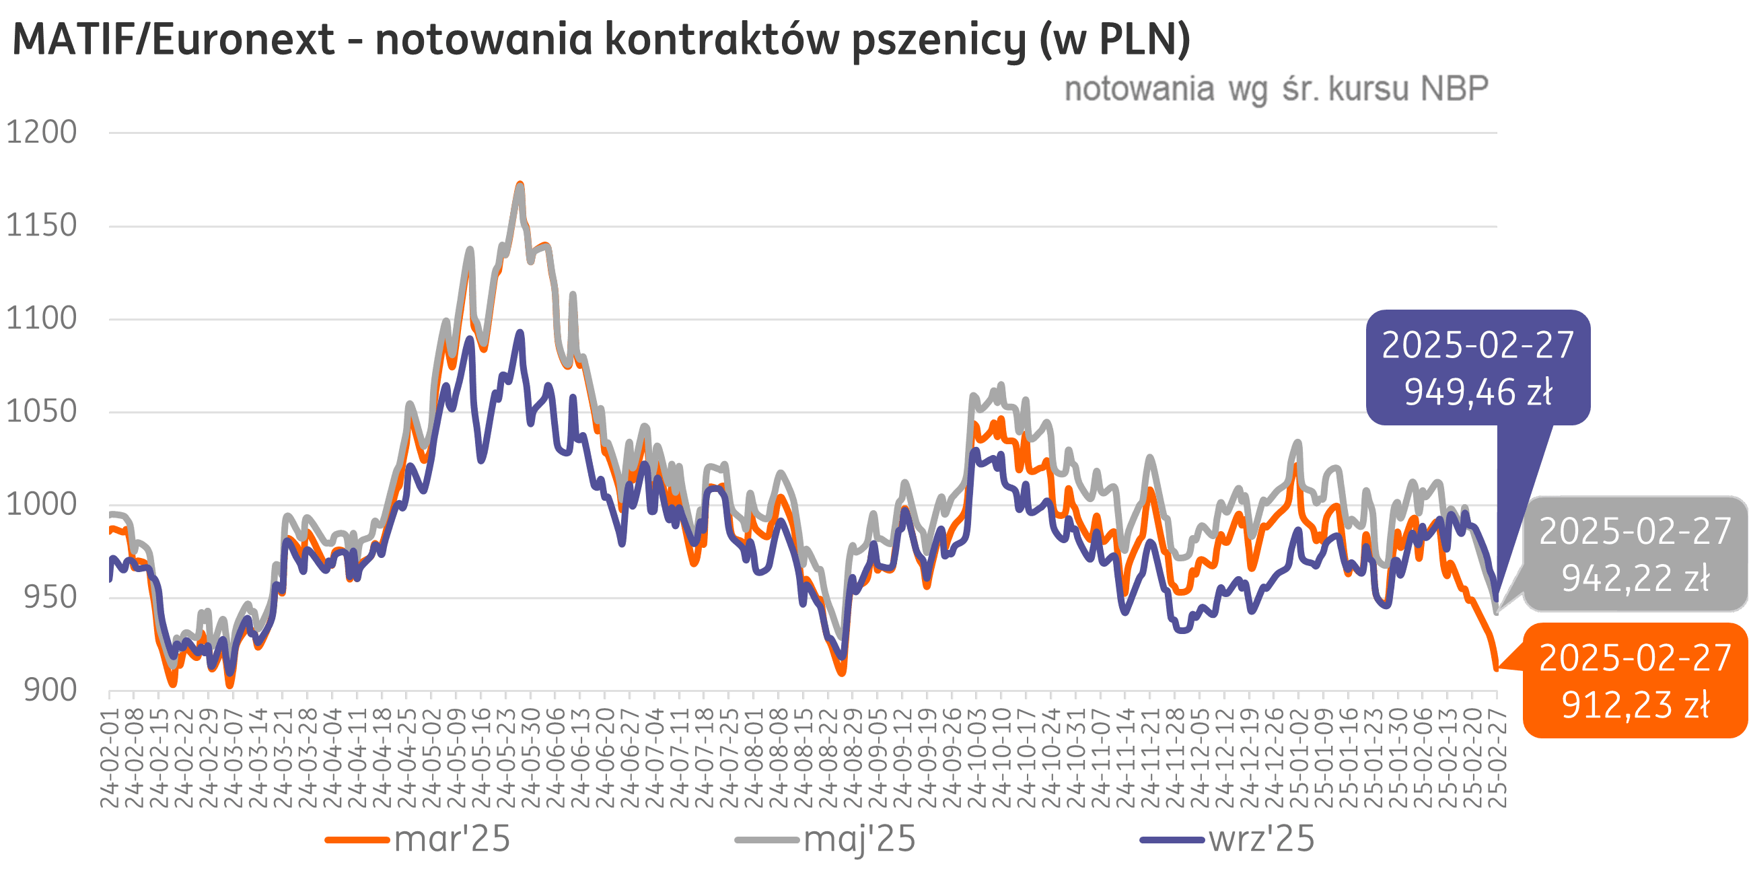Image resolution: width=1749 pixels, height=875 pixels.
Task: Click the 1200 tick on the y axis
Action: point(42,133)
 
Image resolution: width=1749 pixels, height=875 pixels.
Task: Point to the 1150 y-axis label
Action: point(42,225)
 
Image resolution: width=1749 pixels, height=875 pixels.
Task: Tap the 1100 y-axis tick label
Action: point(42,318)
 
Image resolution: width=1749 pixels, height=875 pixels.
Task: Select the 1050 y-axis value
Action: point(42,412)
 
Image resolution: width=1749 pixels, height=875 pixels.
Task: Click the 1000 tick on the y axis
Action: point(42,505)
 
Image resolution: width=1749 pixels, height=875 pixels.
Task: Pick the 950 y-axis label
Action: point(50,598)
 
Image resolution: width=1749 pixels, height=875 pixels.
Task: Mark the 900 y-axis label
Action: point(50,690)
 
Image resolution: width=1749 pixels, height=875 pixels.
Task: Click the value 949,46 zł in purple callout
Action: point(1477,392)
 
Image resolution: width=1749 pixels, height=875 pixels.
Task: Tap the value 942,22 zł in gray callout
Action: point(1635,579)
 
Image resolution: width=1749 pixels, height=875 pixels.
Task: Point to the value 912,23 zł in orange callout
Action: point(1635,705)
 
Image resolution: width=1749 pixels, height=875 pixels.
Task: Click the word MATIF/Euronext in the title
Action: point(173,40)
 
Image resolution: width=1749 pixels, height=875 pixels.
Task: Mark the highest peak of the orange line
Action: point(520,184)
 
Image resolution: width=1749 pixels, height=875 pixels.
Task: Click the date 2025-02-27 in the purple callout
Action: point(1477,346)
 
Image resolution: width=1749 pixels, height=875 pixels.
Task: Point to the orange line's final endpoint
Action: point(1496,670)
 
